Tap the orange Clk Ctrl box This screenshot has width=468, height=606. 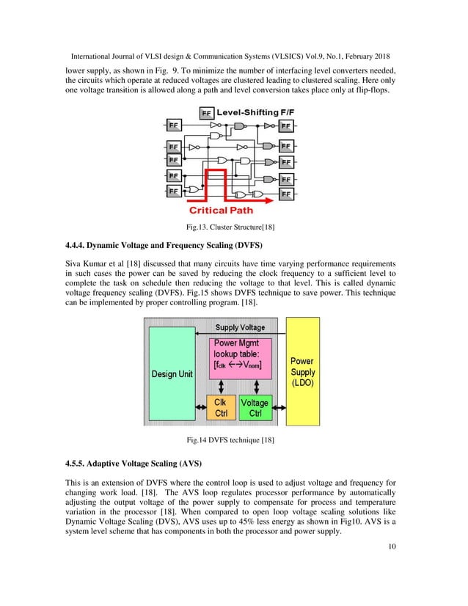click(x=221, y=408)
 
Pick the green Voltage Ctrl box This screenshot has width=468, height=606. click(x=255, y=408)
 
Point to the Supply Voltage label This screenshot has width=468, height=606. click(x=240, y=327)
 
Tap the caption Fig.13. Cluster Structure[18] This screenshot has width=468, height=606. click(x=233, y=225)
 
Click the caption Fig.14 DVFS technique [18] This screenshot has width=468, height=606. click(x=233, y=440)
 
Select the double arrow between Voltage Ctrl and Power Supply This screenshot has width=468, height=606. click(x=278, y=406)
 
